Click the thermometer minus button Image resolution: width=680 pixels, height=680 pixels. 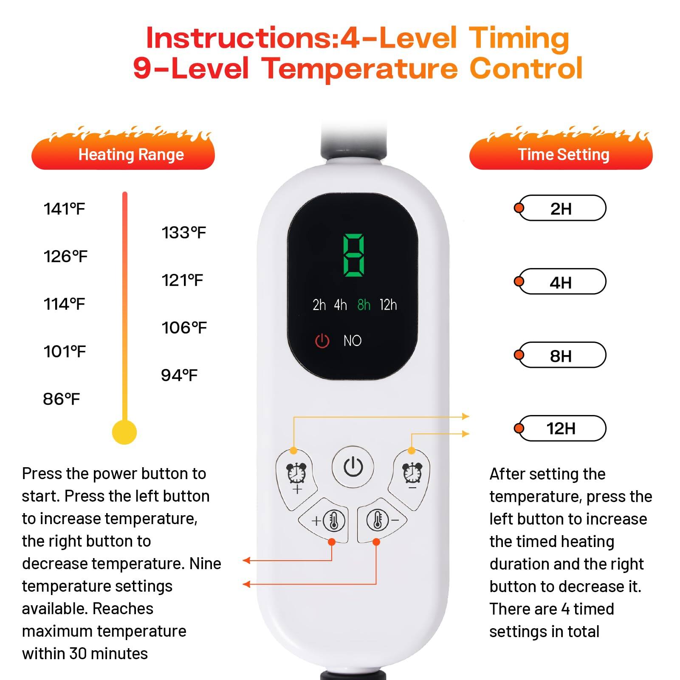(381, 520)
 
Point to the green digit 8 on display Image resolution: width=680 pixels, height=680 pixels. (353, 255)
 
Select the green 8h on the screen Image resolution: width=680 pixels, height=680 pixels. (364, 305)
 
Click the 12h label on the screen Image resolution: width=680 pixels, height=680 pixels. (388, 305)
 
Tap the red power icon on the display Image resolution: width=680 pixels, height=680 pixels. (322, 341)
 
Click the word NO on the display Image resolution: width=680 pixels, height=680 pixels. (352, 341)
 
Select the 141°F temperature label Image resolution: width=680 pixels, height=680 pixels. (64, 209)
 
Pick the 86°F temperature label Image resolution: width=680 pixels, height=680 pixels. (61, 399)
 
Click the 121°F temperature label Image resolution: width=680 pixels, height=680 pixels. (182, 280)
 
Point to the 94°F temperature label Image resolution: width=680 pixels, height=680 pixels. (179, 375)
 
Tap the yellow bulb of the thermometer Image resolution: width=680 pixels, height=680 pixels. (124, 432)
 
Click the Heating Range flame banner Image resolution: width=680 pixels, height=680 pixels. (123, 154)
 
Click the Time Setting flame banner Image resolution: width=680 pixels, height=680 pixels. (561, 154)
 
